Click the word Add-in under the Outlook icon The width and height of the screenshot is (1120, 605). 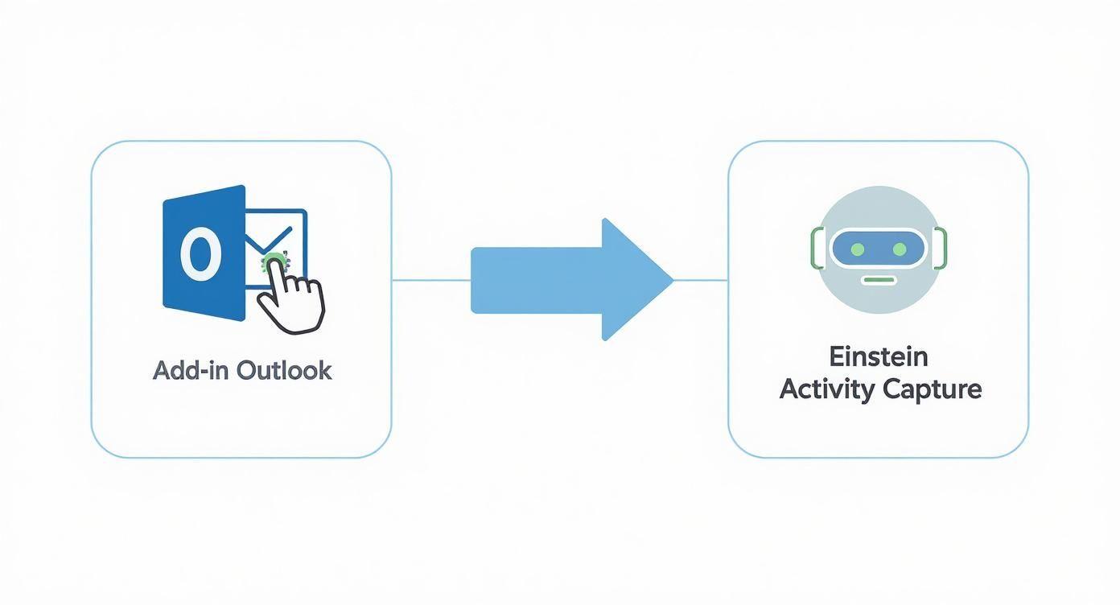[182, 370]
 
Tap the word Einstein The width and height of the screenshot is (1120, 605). [879, 356]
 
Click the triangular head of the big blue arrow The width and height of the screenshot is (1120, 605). [636, 279]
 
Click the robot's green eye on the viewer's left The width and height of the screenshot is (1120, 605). [857, 249]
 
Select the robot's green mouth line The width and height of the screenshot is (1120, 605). [878, 280]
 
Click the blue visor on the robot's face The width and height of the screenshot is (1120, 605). [878, 249]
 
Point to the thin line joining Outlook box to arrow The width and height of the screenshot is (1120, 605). [430, 280]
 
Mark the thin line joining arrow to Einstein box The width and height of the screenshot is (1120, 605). [700, 280]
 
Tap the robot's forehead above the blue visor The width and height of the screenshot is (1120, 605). [878, 209]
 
